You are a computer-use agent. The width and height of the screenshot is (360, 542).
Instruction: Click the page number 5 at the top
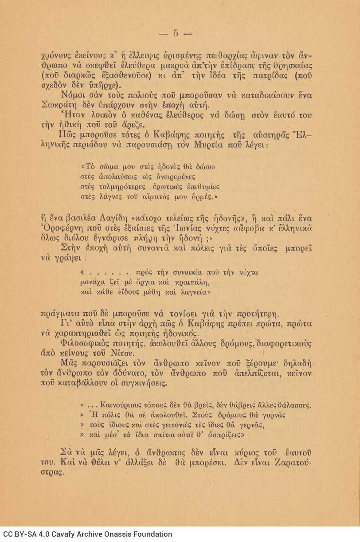click(x=175, y=32)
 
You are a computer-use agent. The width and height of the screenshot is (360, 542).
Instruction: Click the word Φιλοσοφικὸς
click(x=84, y=345)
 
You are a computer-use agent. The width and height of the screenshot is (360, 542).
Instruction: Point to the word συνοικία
click(x=185, y=272)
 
